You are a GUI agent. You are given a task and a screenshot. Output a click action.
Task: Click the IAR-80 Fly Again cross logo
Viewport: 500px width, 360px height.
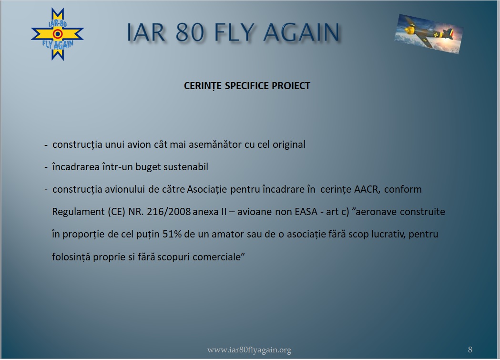point(57,34)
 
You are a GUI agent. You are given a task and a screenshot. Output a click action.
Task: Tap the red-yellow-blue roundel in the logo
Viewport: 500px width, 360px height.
point(57,34)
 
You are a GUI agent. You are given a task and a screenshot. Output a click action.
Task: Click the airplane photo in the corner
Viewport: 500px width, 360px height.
point(429,33)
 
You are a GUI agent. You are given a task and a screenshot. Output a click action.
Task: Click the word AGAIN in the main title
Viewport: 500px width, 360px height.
point(302,32)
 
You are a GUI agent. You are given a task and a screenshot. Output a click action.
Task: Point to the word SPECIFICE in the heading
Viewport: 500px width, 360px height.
point(247,86)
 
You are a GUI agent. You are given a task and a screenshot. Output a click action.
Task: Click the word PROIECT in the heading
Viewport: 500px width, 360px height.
point(291,86)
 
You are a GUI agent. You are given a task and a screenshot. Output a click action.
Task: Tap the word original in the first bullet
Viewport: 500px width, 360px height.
point(289,145)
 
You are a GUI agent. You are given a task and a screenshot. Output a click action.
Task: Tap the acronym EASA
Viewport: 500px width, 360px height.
point(306,212)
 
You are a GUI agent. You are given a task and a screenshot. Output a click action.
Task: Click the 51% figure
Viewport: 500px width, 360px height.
point(172,234)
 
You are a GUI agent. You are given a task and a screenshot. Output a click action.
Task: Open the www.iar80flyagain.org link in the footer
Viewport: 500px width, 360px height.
point(249,350)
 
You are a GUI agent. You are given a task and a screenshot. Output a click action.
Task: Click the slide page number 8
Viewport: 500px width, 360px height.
point(470,350)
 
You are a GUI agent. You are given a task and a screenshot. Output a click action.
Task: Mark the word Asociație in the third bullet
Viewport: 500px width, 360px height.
point(207,189)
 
